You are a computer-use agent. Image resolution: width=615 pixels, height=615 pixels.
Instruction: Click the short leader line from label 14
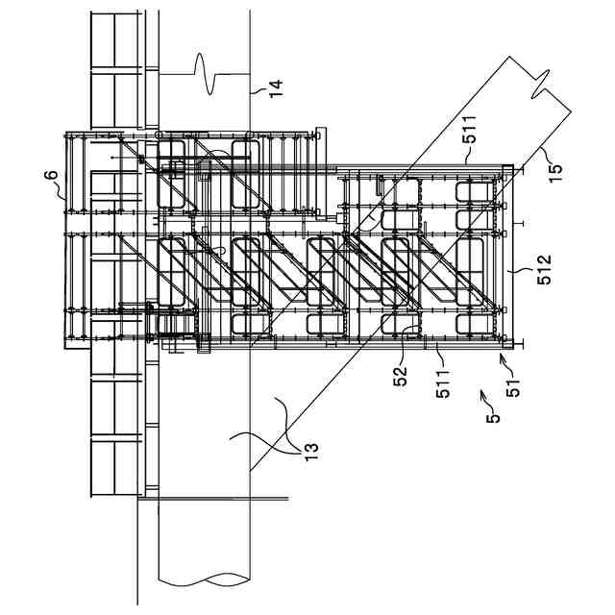257,90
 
